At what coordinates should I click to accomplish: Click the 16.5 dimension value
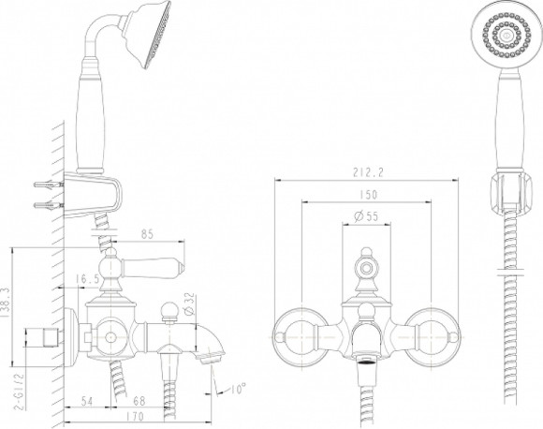coord(87,278)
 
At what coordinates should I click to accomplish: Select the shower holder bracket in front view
coord(508,192)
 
